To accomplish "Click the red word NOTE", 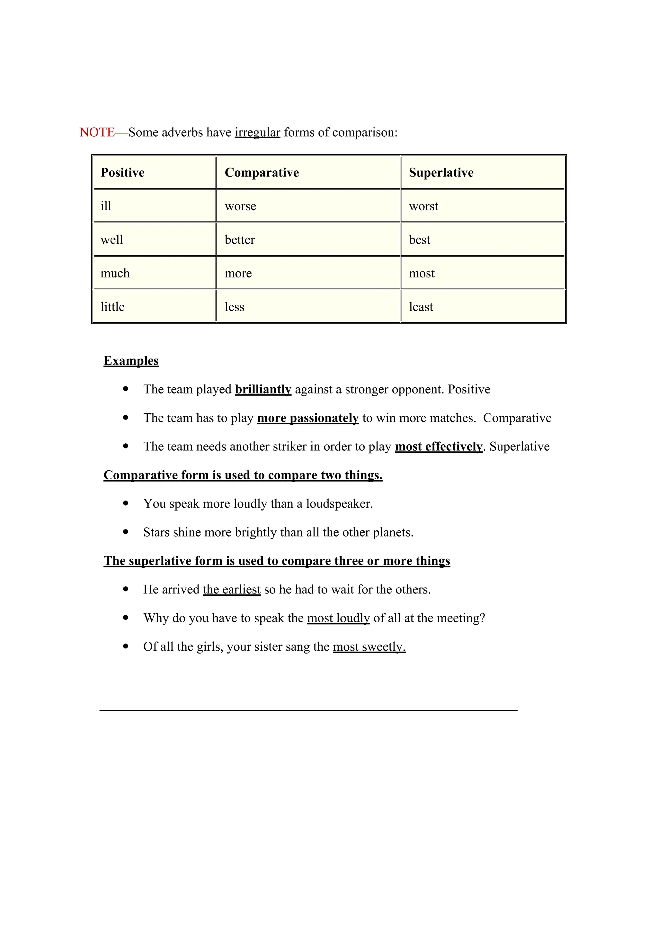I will coord(97,132).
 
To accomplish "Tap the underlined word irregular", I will coord(257,132).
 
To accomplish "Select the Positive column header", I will coord(122,172).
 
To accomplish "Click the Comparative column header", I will coord(262,172).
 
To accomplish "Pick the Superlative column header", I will coord(441,172).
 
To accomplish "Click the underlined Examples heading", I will coord(131,360).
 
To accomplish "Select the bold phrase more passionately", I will coord(307,418).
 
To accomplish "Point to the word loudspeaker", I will coord(338,504).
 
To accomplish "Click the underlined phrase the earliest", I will coord(231,589).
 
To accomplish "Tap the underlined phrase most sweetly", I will coord(369,646).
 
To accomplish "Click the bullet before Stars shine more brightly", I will coord(126,532).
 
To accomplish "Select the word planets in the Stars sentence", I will coord(392,532).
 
